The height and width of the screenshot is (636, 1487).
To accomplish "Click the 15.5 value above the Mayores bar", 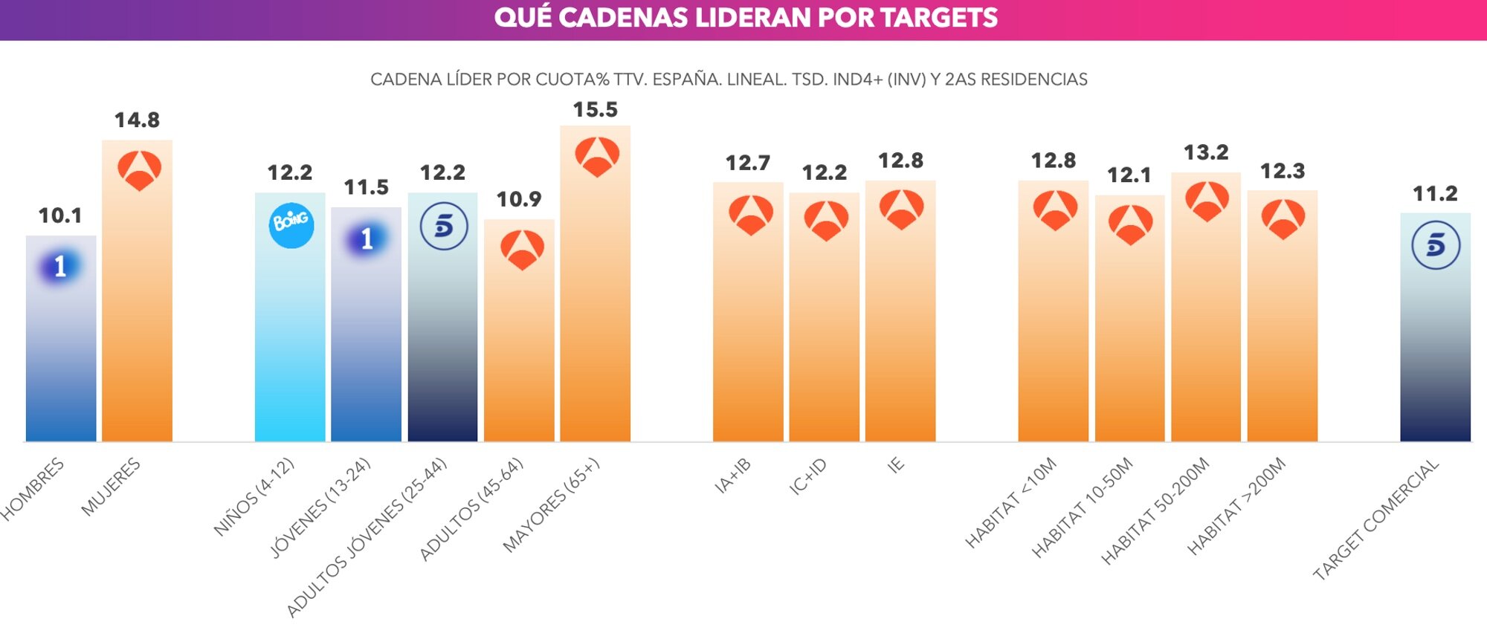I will [595, 110].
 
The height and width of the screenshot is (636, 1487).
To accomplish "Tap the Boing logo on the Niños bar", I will [291, 224].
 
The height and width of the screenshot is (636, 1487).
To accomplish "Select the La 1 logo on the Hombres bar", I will [60, 266].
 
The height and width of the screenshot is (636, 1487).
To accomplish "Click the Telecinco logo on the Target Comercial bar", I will [1435, 245].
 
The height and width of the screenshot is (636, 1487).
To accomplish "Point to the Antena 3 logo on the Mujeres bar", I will [139, 170].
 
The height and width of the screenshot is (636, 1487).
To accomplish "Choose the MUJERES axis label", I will [112, 487].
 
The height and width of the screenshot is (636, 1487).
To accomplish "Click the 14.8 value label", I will [137, 120].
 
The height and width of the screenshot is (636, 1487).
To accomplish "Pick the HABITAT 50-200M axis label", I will [1155, 511].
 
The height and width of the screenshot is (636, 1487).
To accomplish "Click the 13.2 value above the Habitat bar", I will [1205, 153].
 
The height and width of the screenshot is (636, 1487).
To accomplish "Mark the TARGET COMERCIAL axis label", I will [1375, 519].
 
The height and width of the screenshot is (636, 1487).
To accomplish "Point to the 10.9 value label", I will [518, 200].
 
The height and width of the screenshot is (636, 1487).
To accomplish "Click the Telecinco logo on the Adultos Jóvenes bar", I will [443, 226].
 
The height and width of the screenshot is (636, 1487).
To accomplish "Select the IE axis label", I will [896, 465].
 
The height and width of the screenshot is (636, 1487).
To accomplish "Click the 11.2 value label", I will [1434, 194].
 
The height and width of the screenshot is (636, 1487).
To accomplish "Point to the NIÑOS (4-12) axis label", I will [254, 497].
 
